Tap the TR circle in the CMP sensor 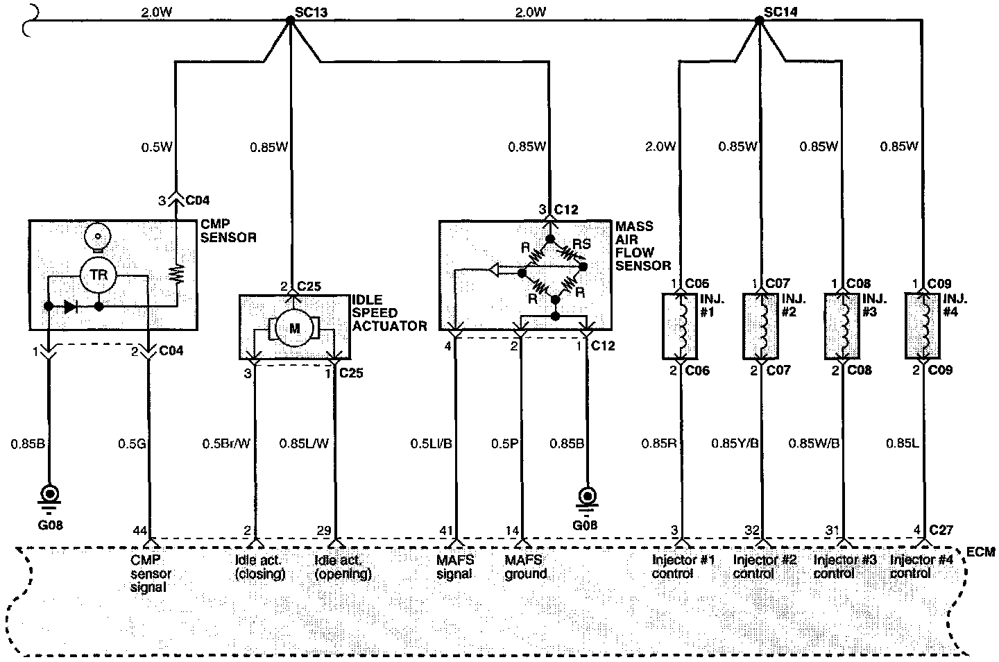click(98, 275)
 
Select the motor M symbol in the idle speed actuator click(294, 328)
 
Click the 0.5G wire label click(132, 443)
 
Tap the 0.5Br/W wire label click(225, 443)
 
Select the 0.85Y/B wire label click(735, 443)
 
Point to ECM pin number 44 click(139, 531)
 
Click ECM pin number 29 click(324, 531)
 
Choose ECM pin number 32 click(752, 531)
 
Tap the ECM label click(980, 552)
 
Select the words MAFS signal click(454, 567)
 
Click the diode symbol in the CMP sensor click(70, 306)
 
